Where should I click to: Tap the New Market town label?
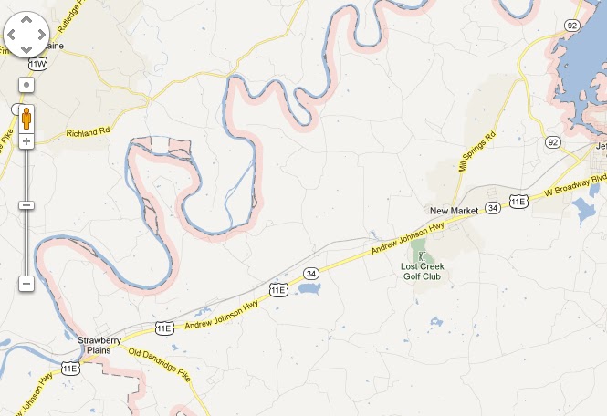(x=455, y=211)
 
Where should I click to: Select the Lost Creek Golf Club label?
(x=421, y=271)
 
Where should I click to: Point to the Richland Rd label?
(x=87, y=133)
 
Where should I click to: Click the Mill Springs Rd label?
(x=476, y=151)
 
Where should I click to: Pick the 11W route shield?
(x=37, y=65)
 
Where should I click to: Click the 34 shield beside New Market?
(x=493, y=208)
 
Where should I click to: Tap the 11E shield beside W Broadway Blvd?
(x=518, y=201)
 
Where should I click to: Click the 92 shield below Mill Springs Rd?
(x=552, y=142)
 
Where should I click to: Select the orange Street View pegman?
(x=26, y=118)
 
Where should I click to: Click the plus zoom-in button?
(x=26, y=141)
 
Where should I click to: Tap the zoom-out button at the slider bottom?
(x=26, y=284)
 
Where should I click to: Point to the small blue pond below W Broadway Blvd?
(x=581, y=213)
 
